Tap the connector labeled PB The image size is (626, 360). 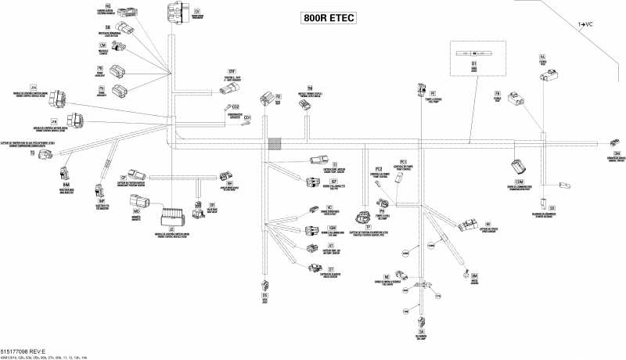coord(514,100)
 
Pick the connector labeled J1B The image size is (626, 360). coord(74,121)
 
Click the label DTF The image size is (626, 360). coord(232,70)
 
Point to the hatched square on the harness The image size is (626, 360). coord(275,144)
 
